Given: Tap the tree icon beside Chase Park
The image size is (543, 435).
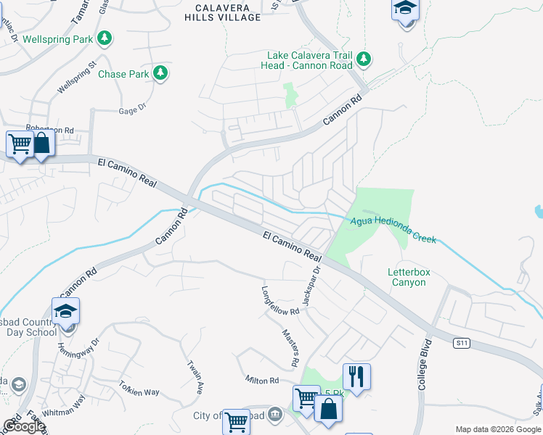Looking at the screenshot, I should pyautogui.click(x=160, y=73).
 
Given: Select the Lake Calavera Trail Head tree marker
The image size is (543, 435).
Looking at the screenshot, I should pyautogui.click(x=365, y=59).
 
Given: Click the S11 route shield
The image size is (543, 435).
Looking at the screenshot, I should pyautogui.click(x=460, y=342).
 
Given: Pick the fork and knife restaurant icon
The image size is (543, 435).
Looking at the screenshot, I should pyautogui.click(x=356, y=376).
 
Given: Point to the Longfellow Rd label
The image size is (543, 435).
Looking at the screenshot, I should pyautogui.click(x=280, y=300).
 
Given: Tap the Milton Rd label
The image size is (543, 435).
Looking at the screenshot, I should pyautogui.click(x=262, y=380).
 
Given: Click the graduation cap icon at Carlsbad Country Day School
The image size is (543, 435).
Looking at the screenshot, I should pyautogui.click(x=66, y=311).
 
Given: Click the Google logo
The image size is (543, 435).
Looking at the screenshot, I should pyautogui.click(x=24, y=426).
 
